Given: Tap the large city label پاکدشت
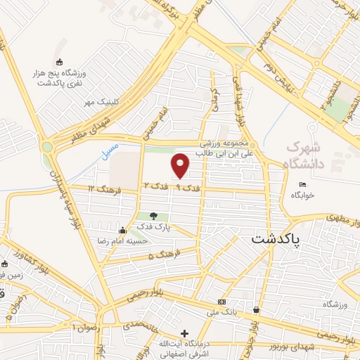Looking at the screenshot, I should click(275, 239).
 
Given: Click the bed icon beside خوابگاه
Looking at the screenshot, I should click(302, 185).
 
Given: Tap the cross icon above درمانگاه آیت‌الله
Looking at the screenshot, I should click(184, 333).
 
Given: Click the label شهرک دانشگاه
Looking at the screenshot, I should click(307, 157).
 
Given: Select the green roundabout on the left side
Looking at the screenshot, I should click(47, 148).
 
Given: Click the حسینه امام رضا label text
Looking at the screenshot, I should click(146, 239).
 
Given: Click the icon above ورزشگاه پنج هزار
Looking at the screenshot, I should click(59, 62).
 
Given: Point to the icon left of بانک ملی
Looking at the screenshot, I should click(222, 301).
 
